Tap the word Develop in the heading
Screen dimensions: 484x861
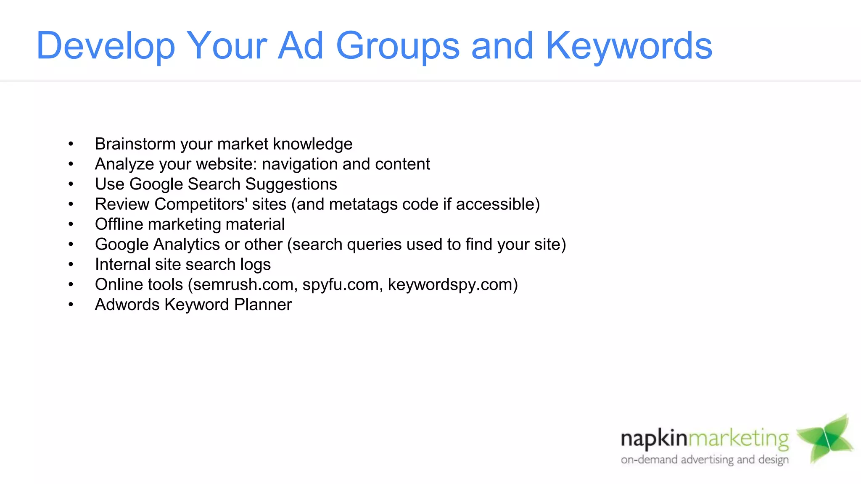coord(106,46)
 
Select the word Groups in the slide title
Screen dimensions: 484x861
coord(398,46)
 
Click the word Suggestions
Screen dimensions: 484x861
coord(291,184)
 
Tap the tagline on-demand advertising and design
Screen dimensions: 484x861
coord(705,460)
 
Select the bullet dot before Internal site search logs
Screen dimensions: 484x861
coord(71,265)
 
